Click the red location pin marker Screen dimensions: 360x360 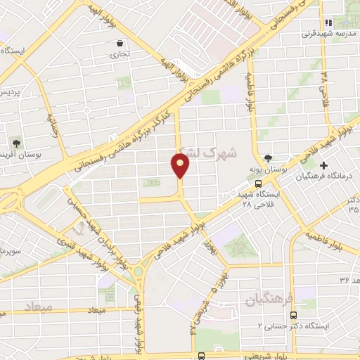coord(181,166)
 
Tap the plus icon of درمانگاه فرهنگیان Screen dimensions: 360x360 coord(323,165)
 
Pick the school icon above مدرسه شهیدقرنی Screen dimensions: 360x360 coord(328,22)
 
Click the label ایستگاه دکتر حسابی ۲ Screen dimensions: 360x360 coord(290,326)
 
